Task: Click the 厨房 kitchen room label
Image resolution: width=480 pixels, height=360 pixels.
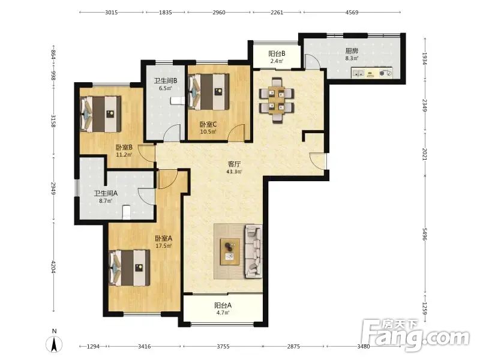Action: click(x=352, y=51)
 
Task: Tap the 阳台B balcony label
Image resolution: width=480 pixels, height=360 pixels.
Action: click(x=277, y=53)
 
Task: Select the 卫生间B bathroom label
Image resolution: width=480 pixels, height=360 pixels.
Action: click(x=166, y=81)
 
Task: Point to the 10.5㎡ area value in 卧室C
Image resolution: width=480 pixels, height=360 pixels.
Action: click(x=208, y=132)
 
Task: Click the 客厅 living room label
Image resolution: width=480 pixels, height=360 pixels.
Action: click(x=234, y=164)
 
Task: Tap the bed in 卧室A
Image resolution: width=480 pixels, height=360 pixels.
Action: click(x=130, y=268)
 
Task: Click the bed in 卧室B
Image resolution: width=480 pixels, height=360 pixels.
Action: click(x=100, y=114)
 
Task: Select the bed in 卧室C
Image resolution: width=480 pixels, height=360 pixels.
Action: click(x=209, y=92)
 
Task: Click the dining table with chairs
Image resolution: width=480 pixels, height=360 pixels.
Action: click(x=277, y=100)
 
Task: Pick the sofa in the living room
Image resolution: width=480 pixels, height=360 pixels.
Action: click(x=253, y=251)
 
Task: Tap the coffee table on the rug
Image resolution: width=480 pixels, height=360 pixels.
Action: click(x=230, y=251)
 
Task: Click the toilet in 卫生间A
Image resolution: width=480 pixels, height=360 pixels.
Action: click(x=127, y=212)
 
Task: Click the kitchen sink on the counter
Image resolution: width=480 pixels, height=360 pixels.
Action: click(x=358, y=73)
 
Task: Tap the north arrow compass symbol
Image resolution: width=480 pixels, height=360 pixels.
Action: click(x=54, y=343)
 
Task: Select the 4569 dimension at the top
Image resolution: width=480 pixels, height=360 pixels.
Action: click(x=352, y=13)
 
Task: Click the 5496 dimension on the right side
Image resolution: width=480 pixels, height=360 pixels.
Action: click(x=425, y=234)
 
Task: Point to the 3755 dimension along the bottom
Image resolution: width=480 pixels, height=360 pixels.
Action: click(x=223, y=347)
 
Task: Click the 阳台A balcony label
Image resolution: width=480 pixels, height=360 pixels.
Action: click(x=223, y=305)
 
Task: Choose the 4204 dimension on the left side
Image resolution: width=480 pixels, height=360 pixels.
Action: click(x=53, y=267)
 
